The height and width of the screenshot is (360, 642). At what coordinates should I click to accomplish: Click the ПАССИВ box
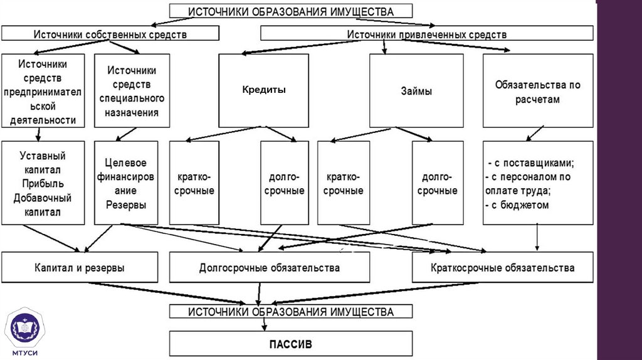coord(291,344)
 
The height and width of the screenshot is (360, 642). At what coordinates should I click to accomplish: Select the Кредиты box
coord(263,90)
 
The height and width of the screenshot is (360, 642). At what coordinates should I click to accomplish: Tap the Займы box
coord(416,91)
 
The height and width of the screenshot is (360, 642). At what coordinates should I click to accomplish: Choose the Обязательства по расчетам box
coord(537,91)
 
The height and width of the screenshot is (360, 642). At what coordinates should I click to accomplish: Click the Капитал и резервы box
coord(80,268)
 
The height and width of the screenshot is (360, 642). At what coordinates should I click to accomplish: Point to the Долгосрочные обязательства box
coord(269,268)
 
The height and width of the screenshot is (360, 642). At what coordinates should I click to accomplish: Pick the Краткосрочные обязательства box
coord(502,268)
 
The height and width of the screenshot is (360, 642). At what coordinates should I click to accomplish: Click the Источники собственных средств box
coord(110,34)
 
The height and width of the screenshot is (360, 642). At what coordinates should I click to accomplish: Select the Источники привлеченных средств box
coord(426,34)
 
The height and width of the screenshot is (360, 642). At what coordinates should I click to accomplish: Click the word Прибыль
coord(43,184)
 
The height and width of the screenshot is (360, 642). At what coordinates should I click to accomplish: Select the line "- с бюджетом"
coord(518,205)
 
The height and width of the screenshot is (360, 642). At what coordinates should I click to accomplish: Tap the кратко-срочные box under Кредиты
coord(194,183)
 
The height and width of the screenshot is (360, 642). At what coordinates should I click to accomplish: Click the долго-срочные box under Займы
coord(437,183)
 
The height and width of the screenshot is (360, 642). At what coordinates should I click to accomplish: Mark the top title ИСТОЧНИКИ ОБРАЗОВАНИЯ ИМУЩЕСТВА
coord(291,11)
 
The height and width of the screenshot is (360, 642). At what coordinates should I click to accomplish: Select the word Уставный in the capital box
coord(43,156)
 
